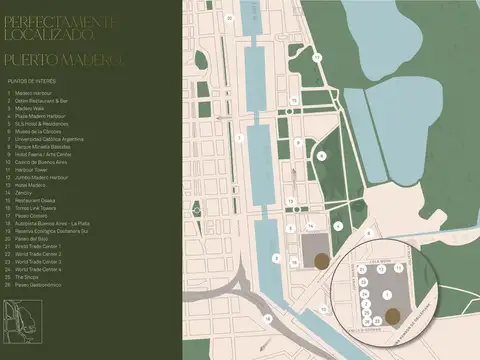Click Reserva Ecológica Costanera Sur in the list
[x=56, y=234]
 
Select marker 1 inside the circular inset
[x=387, y=295]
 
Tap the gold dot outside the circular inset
[x=320, y=261]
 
